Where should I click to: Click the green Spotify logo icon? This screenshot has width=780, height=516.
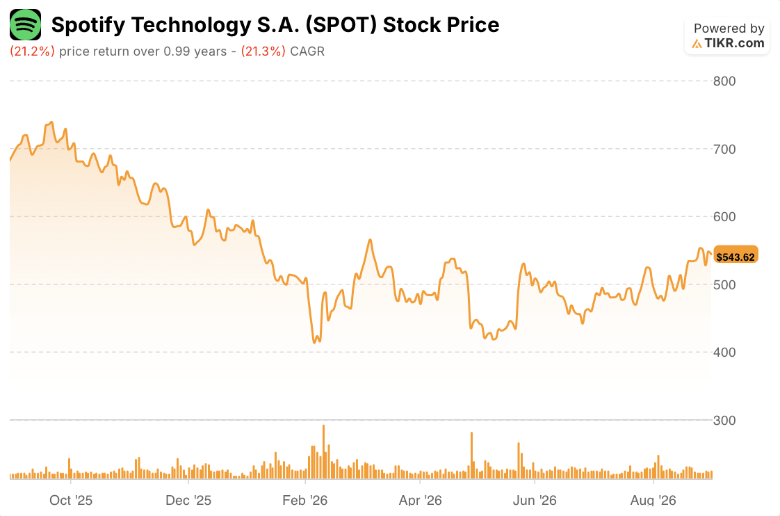tap(25, 24)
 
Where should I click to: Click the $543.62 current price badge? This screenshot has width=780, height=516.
tap(736, 257)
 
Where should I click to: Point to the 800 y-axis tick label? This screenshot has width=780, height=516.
tap(724, 81)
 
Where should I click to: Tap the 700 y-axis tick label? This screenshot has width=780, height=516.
tap(724, 149)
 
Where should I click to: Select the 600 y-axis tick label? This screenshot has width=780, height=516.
tap(724, 216)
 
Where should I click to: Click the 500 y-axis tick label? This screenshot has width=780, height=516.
tap(724, 284)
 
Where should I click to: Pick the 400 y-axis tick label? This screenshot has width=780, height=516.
tap(724, 353)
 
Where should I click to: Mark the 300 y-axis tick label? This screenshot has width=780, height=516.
tap(724, 421)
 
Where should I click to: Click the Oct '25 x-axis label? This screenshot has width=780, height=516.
tap(71, 500)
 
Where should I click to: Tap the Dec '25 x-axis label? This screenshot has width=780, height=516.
tap(188, 500)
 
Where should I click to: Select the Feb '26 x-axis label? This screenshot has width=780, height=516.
tap(305, 500)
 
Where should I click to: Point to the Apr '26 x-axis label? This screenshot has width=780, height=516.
tap(421, 500)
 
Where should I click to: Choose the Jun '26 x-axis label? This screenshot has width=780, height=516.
tap(535, 500)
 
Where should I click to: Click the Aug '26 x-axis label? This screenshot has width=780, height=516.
tap(653, 500)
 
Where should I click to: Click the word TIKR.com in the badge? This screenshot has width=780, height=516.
tap(734, 43)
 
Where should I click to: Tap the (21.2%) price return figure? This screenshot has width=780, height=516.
tap(33, 51)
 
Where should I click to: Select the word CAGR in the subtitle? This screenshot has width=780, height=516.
tap(307, 51)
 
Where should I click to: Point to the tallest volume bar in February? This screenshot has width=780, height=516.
tap(323, 452)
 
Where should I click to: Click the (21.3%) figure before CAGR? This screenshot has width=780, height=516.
tap(263, 51)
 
